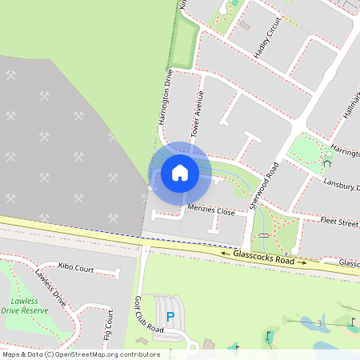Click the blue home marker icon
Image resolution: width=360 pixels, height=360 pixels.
180,173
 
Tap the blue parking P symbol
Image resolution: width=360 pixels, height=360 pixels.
170,318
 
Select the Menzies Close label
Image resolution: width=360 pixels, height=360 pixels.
210,212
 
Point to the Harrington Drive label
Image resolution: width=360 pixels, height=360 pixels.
166,96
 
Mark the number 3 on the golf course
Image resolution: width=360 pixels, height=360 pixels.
319,324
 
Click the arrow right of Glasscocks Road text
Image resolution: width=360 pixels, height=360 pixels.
302,262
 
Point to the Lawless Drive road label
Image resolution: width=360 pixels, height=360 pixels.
50,289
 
